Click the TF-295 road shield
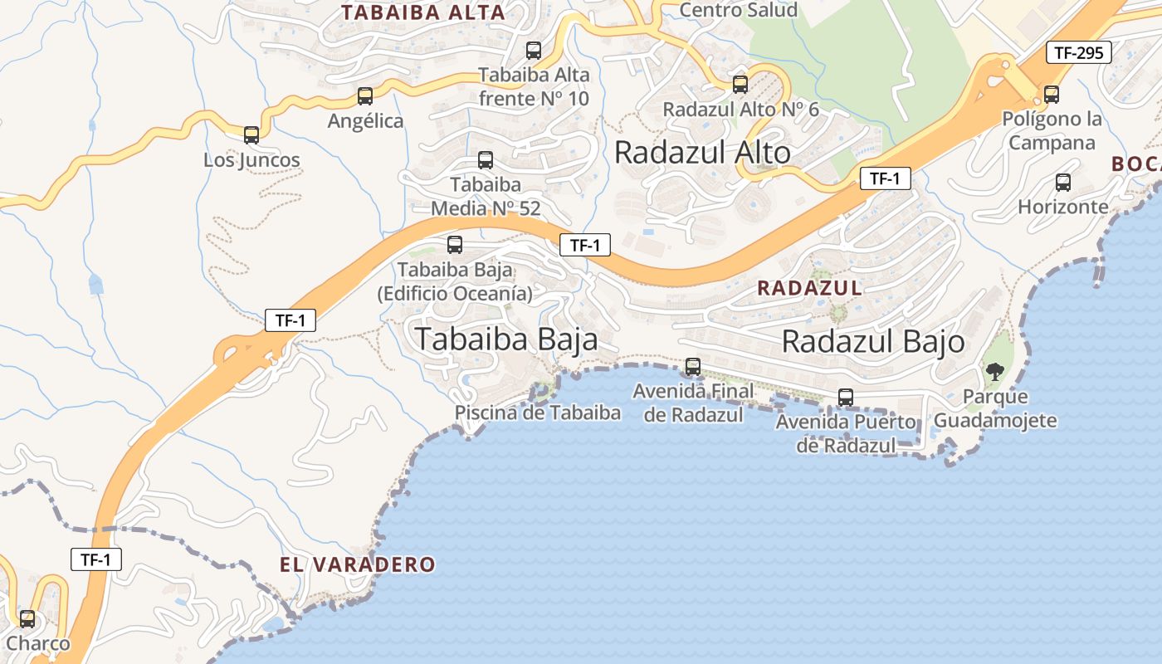point(1078,53)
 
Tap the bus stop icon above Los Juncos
point(251,135)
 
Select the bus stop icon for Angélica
point(365,96)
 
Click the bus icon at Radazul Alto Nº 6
point(740,85)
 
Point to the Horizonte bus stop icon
point(1062,183)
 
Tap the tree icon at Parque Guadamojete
point(994,371)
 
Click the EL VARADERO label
point(357,565)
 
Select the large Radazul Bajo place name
point(873,342)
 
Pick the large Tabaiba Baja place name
point(506,339)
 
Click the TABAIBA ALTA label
point(423,12)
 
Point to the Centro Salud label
point(738,10)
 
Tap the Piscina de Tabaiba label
point(538,413)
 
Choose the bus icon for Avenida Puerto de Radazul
point(846,398)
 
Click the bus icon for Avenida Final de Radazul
point(693,366)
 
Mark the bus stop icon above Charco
point(27,619)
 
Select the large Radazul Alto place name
point(702,153)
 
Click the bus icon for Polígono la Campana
point(1052,95)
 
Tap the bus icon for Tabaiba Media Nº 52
point(486,160)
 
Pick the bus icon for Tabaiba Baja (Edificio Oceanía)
point(455,245)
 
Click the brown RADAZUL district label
point(809,288)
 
